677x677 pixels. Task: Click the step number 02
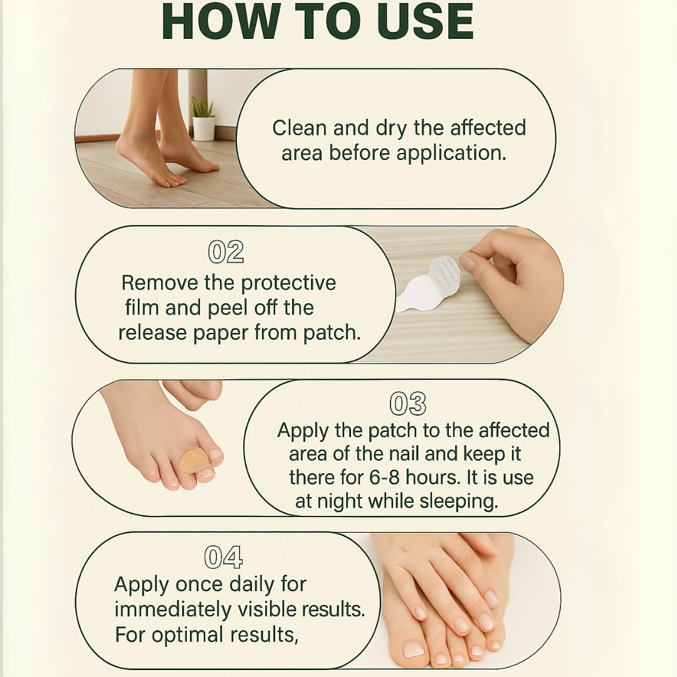(x=226, y=252)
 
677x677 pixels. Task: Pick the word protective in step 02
(x=288, y=284)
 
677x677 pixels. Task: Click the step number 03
(x=407, y=404)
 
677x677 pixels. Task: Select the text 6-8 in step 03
(x=384, y=478)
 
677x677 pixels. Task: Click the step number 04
(x=223, y=557)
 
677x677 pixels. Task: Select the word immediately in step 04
(x=173, y=610)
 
